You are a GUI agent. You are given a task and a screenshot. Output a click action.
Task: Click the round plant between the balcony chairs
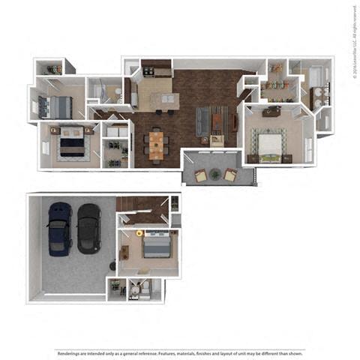click(215, 174)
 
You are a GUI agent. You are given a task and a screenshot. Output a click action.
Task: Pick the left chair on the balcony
click(201, 175)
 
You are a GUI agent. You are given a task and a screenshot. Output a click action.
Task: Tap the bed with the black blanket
click(71, 142)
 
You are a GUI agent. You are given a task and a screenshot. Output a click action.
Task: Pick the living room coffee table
click(217, 118)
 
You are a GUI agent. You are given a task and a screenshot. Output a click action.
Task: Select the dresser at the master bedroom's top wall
click(270, 111)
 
